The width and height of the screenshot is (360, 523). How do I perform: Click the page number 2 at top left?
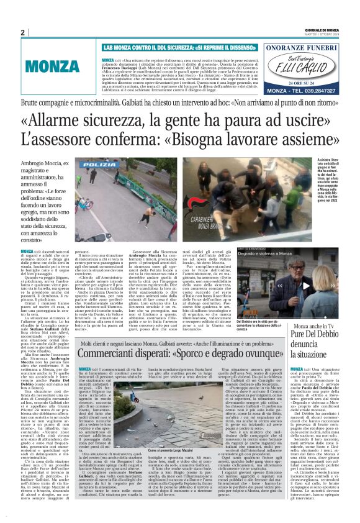(x=22, y=33)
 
